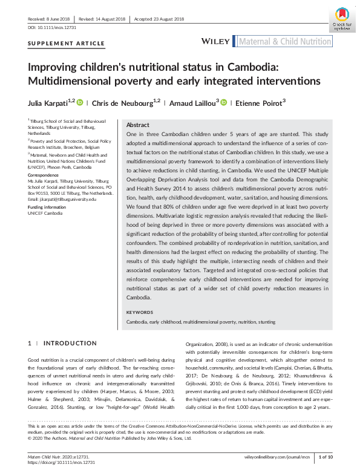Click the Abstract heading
tap(137, 124)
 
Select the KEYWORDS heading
tap(140, 312)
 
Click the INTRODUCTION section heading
tap(70, 343)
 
